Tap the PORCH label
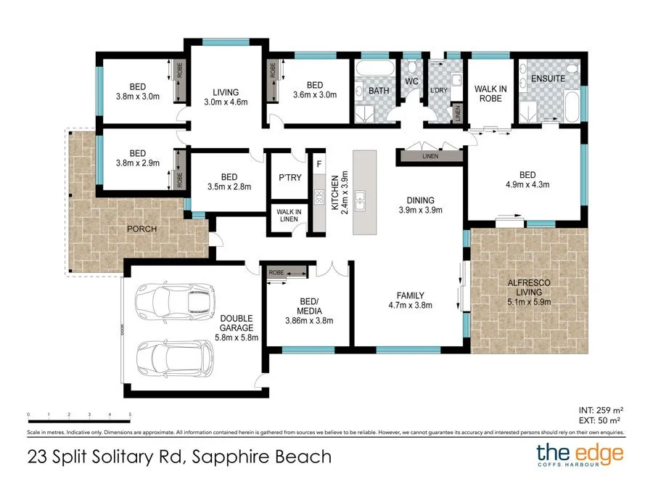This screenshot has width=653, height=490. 142,229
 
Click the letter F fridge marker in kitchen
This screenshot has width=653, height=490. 319,164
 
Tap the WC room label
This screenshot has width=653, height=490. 412,81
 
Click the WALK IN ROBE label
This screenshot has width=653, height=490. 490,94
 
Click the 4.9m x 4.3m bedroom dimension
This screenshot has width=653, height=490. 527,184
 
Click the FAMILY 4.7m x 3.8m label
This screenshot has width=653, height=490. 410,301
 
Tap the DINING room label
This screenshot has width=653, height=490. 420,200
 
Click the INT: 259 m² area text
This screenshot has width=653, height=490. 599,410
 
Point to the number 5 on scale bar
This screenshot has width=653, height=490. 130,415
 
